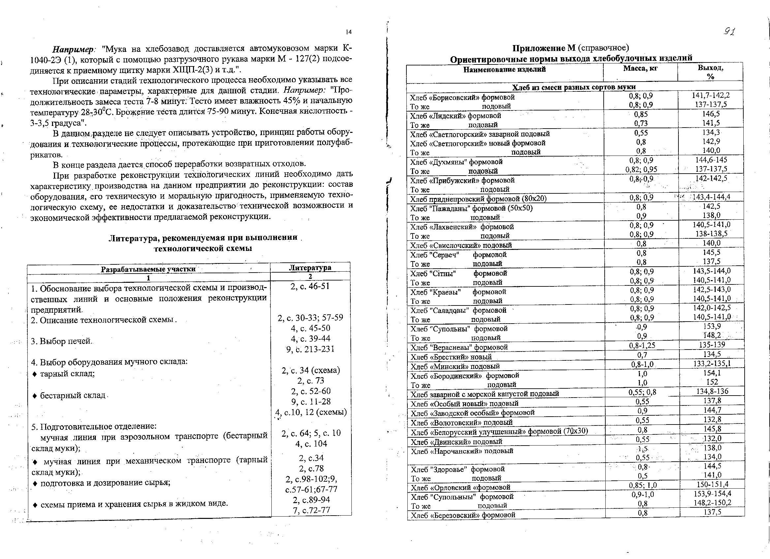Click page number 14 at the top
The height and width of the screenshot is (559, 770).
(349, 32)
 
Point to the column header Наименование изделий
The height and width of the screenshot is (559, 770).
(505, 69)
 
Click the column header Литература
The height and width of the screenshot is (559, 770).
(310, 267)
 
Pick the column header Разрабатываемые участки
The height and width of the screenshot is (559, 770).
(148, 269)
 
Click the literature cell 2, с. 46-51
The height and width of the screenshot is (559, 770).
(310, 286)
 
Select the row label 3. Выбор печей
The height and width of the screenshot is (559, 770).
(61, 341)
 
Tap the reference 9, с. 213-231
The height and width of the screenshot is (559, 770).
(310, 349)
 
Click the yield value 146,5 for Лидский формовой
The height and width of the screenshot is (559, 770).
(711, 114)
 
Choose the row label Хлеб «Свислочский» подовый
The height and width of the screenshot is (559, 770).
(461, 245)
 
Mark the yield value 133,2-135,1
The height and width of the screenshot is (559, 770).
(712, 364)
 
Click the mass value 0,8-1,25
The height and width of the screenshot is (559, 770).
(641, 346)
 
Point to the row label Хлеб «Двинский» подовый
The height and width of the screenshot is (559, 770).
(456, 442)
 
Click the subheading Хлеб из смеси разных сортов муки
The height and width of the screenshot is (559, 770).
(574, 87)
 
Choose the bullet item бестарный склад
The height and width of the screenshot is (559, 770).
(73, 396)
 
